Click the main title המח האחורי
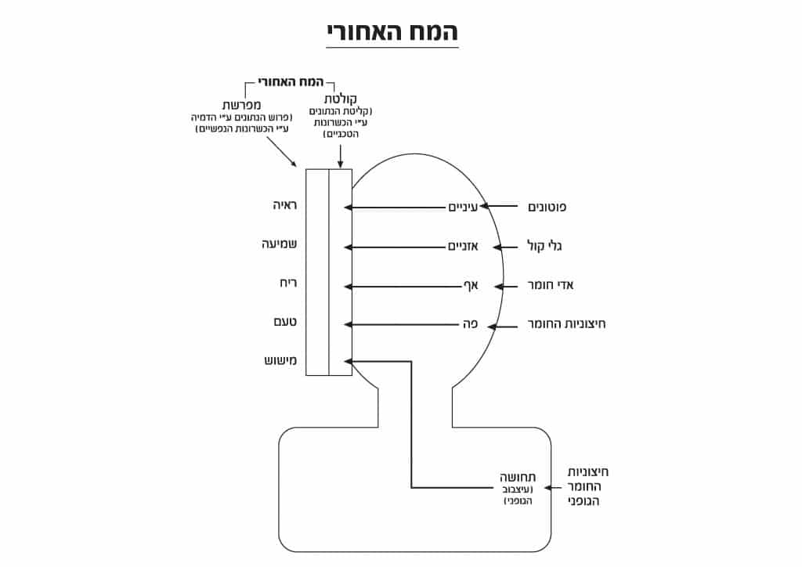pyautogui.click(x=392, y=31)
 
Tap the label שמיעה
pyautogui.click(x=279, y=244)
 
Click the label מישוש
pyautogui.click(x=280, y=361)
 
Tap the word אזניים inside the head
pyautogui.click(x=463, y=247)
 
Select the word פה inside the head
pyautogui.click(x=470, y=323)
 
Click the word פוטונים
pyautogui.click(x=548, y=208)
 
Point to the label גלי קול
pyautogui.click(x=547, y=247)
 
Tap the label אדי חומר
pyautogui.click(x=552, y=285)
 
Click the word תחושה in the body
pyautogui.click(x=518, y=478)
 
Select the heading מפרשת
pyautogui.click(x=242, y=104)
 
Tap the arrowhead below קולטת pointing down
pyautogui.click(x=340, y=162)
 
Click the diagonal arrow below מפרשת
pyautogui.click(x=281, y=151)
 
